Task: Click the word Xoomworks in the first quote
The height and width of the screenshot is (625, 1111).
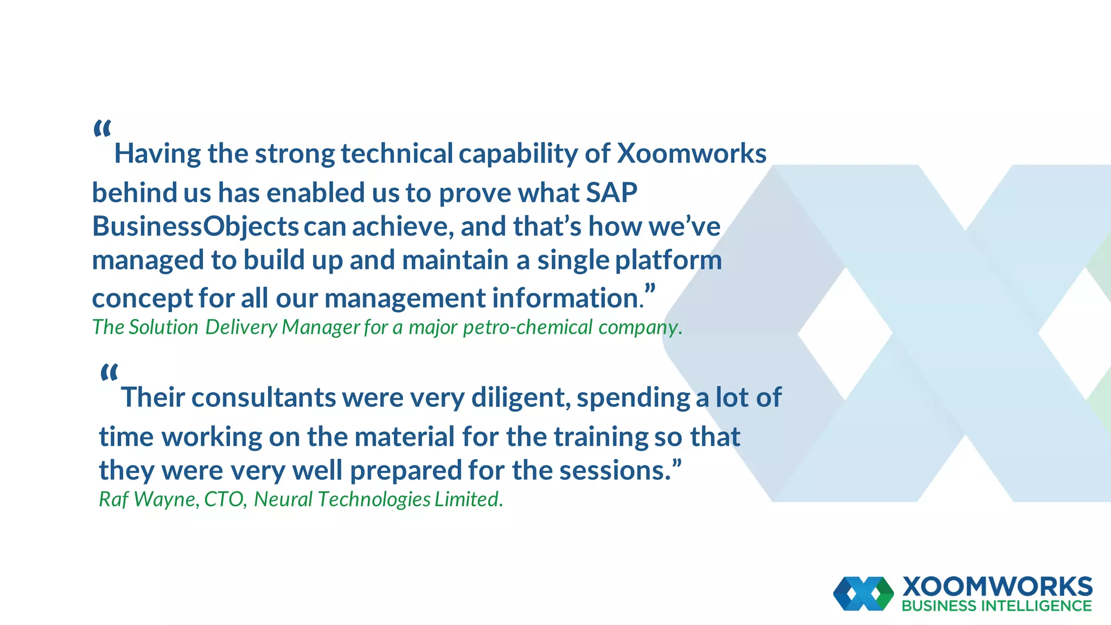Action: tap(692, 154)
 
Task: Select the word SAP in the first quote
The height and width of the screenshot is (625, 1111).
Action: tap(611, 193)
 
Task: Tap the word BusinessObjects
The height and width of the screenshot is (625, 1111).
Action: tap(195, 227)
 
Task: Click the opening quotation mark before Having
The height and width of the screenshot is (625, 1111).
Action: tap(102, 129)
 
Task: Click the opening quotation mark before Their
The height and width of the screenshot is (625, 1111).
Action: tap(109, 373)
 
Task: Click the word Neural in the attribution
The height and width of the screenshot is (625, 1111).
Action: tap(283, 499)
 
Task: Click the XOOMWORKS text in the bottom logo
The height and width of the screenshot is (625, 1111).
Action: tap(997, 587)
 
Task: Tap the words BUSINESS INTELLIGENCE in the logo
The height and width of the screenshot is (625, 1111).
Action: tap(997, 606)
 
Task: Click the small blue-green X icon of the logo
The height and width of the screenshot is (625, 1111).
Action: tap(863, 594)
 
